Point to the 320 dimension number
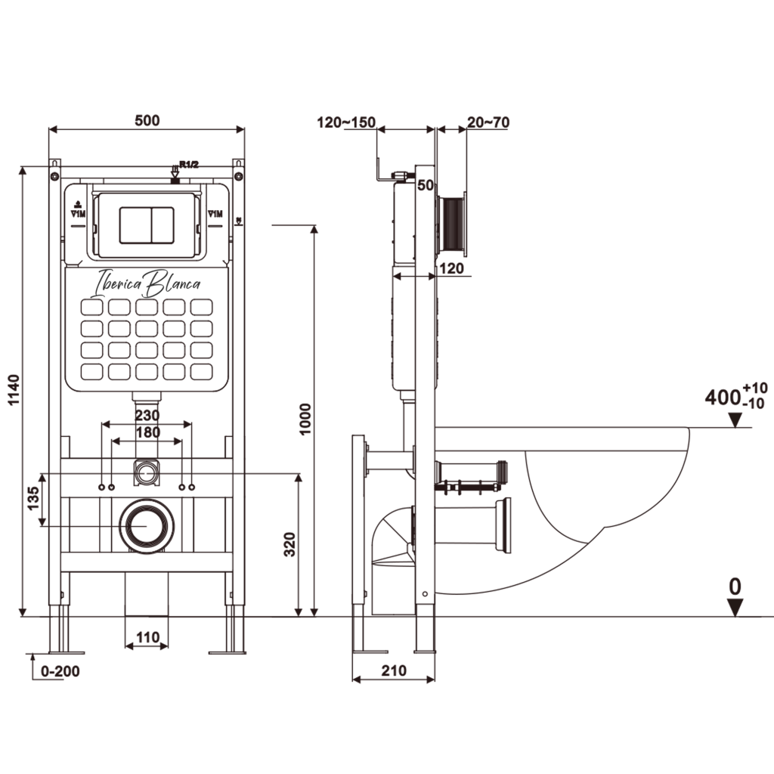pos(288,544)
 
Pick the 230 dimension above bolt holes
pos(147,415)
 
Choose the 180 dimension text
pos(147,432)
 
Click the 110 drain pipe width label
pos(147,638)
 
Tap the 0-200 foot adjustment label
pos(60,670)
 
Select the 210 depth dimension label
pos(394,670)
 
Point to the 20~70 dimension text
pos(488,122)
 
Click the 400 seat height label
pos(722,397)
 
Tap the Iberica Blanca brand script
pos(147,283)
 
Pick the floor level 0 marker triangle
pos(735,606)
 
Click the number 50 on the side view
pos(425,185)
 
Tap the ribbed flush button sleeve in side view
pos(451,224)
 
